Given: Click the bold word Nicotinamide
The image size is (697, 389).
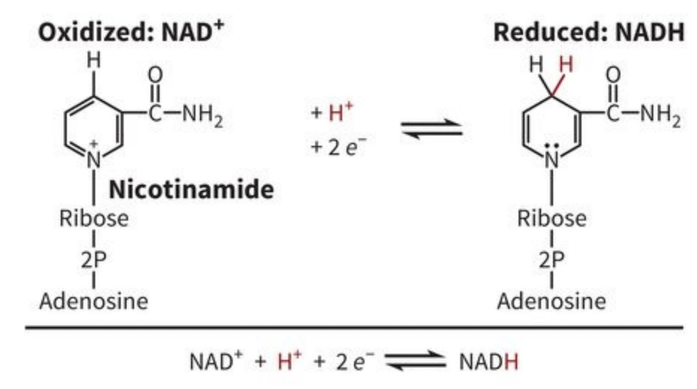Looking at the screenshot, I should point(191,189).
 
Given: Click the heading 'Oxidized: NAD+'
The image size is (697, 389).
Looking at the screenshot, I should point(131,32).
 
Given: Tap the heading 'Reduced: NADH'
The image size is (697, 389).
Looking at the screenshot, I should point(588,32).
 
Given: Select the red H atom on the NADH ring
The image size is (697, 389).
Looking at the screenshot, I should point(566,65).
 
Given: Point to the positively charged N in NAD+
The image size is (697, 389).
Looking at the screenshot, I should point(94,159).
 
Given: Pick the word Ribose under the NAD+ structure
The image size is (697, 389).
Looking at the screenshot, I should point(94,219).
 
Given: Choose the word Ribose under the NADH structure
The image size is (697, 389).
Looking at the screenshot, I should point(552,219).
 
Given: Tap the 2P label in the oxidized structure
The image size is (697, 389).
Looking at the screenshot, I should point(94,260).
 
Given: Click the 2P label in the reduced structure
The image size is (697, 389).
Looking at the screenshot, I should point(552,260).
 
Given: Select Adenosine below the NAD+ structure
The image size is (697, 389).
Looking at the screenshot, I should point(94,301).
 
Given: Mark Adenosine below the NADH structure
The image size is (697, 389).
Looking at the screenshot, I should point(552,301).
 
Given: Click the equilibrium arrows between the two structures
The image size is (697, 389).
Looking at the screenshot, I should point(432,129).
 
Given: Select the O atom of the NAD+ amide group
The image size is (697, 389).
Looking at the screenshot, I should point(155,75).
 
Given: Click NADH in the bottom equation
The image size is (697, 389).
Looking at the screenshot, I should point(488,362).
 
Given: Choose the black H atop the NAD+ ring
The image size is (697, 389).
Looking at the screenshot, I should point(94,61).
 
